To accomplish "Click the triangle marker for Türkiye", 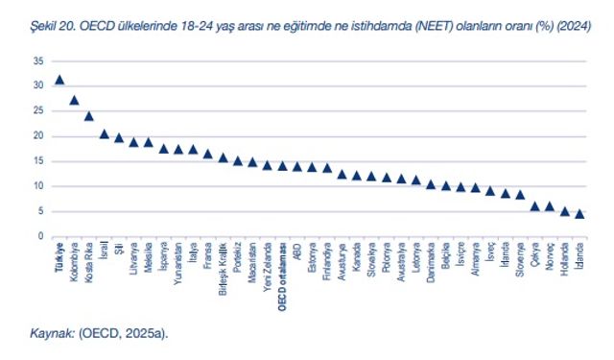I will (59, 81).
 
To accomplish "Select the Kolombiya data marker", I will (75, 100).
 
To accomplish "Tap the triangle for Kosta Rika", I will (89, 116).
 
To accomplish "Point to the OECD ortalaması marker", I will (282, 166).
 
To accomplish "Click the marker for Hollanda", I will (565, 211).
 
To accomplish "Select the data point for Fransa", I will (208, 154).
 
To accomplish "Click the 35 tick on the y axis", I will (38, 60).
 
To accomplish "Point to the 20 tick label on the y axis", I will (38, 136).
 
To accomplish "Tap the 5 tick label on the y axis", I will (41, 211).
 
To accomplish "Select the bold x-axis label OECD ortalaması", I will (282, 275).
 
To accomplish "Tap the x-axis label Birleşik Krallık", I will (223, 273).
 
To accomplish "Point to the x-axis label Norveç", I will (550, 260).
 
